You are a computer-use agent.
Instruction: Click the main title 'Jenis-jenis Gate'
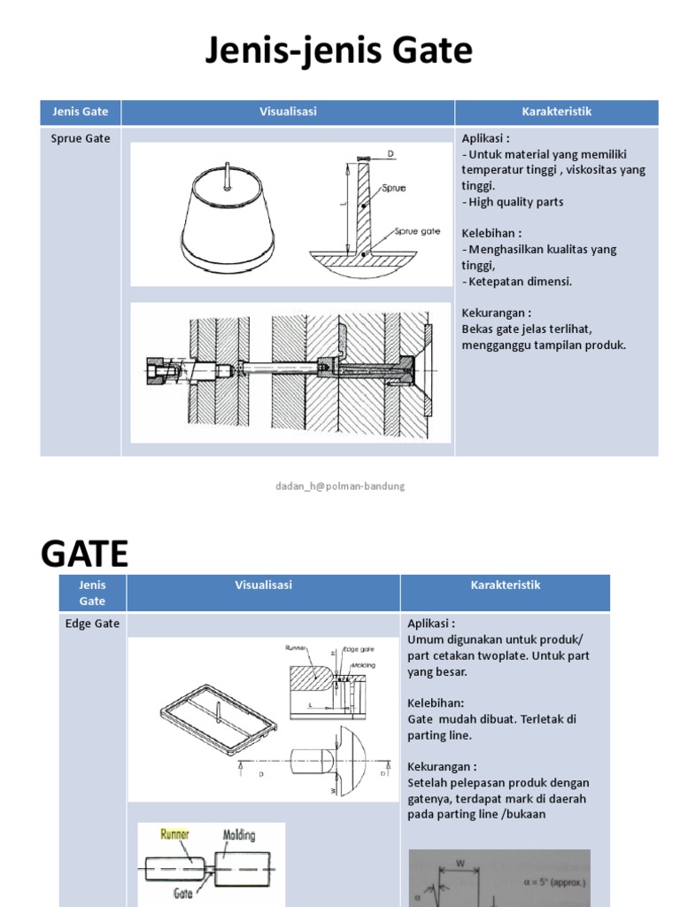[339, 51]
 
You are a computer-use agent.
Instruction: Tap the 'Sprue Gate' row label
[81, 138]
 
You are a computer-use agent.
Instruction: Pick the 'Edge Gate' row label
[92, 624]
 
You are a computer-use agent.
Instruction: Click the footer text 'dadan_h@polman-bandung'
[340, 486]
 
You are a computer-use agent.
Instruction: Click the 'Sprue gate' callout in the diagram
[417, 230]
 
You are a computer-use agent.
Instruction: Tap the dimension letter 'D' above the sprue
[390, 154]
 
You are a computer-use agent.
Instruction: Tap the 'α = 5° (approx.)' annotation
[554, 884]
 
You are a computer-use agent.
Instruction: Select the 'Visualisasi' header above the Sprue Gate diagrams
[288, 112]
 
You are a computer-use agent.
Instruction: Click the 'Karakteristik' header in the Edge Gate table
[505, 585]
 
